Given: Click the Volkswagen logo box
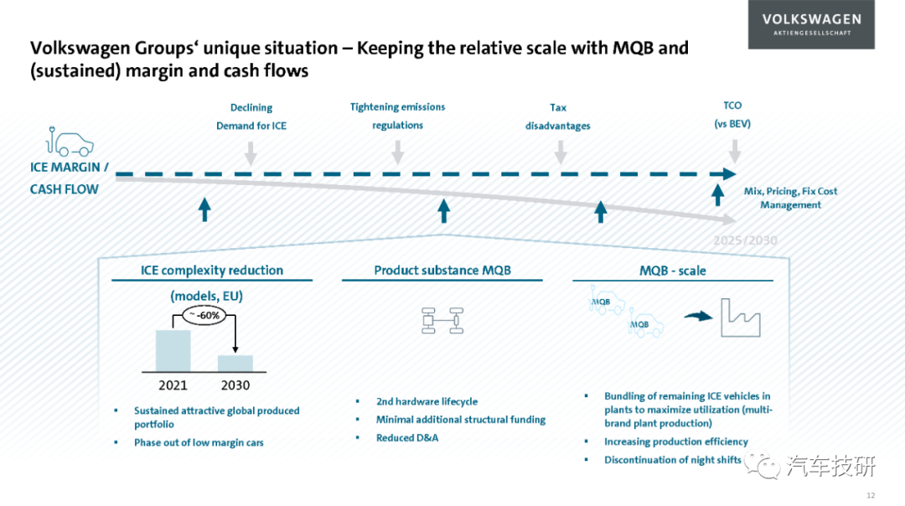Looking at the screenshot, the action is [811, 24].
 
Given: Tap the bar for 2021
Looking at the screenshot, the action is [173, 351].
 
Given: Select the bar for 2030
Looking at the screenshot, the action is [235, 364].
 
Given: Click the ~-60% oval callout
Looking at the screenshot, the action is [204, 315].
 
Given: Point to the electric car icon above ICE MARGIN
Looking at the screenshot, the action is [70, 142].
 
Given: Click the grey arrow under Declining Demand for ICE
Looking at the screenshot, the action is [251, 153].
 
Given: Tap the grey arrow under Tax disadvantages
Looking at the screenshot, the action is [560, 152].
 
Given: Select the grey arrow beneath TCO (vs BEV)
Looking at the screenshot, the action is [734, 151].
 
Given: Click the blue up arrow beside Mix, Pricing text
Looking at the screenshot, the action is [717, 195].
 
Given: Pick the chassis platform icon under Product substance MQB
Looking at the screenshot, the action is [442, 321].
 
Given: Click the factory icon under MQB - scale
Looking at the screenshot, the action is [741, 318].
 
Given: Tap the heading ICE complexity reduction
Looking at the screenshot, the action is [212, 271].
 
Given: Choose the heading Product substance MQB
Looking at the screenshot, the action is [442, 271].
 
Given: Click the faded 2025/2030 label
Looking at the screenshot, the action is [745, 240].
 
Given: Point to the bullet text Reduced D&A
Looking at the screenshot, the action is [407, 438].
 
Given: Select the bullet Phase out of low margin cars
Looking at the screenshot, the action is [199, 442].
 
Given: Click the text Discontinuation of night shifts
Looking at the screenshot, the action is [672, 460].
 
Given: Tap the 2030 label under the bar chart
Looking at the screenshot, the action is [235, 385].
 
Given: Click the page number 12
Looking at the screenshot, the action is [871, 496].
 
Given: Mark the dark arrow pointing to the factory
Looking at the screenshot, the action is [698, 316].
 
